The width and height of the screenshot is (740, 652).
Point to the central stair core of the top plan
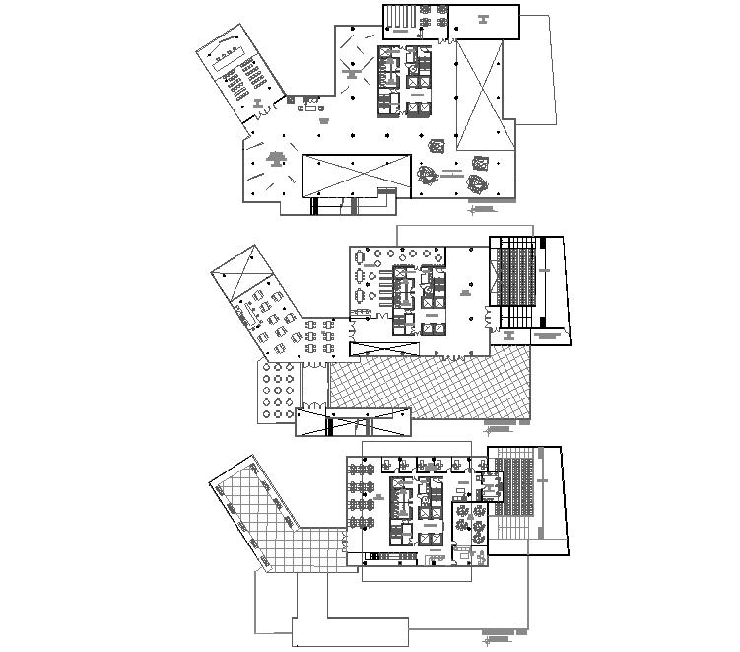[x=403, y=80]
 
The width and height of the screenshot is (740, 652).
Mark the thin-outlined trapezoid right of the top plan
[x=538, y=69]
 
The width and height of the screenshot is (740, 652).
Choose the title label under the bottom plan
[x=503, y=633]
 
